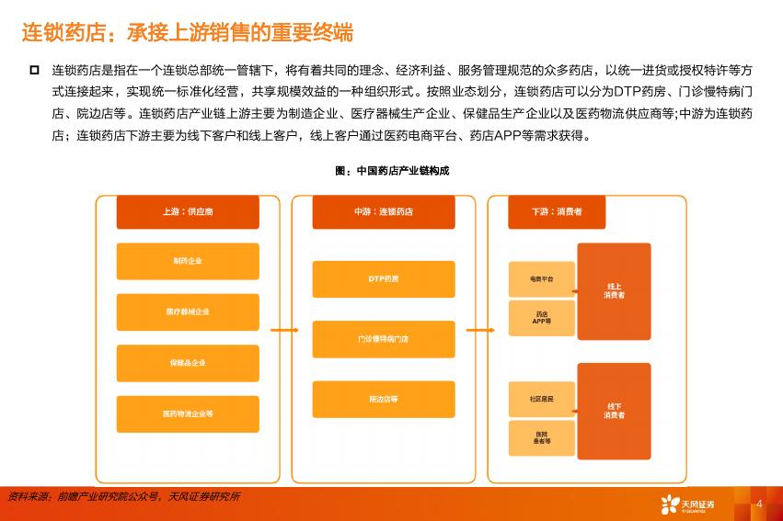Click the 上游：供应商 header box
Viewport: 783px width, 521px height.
point(188,212)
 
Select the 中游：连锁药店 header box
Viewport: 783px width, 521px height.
point(384,212)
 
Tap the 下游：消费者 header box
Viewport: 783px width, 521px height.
point(557,212)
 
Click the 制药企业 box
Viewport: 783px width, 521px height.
point(188,261)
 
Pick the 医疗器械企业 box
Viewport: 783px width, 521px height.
point(188,312)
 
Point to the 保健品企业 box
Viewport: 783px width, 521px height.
point(188,363)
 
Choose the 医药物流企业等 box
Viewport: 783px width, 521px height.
point(188,413)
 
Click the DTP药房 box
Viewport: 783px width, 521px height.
point(384,279)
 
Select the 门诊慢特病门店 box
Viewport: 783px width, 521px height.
point(384,339)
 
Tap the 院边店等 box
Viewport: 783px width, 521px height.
point(384,400)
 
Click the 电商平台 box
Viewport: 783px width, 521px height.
point(542,279)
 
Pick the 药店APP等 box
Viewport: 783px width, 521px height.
point(542,318)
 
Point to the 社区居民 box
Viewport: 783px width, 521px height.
point(542,400)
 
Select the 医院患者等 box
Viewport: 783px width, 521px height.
point(542,437)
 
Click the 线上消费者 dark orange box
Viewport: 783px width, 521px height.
point(615,291)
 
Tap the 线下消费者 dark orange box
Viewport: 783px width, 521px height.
point(615,412)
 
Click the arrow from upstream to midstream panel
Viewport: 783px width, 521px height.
point(284,330)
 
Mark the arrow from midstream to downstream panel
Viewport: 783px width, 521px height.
point(480,330)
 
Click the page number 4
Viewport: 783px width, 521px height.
point(759,504)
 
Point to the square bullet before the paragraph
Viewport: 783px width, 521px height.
point(34,70)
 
